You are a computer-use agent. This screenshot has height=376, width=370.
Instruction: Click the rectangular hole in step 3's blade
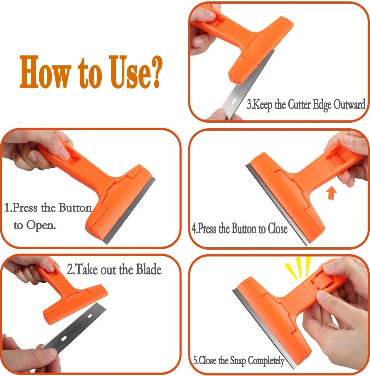[x=233, y=100]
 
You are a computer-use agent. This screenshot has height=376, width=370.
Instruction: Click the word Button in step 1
[x=75, y=208]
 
